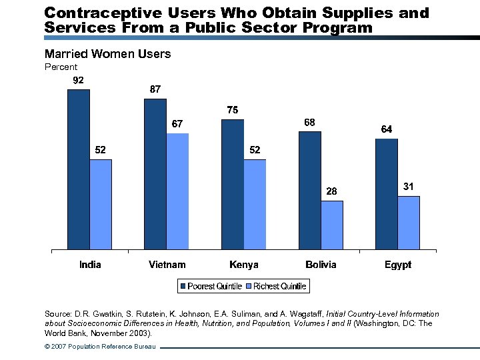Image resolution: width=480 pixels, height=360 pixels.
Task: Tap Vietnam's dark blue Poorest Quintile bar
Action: pyautogui.click(x=155, y=174)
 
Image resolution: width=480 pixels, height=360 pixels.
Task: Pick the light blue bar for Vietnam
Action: pyautogui.click(x=177, y=191)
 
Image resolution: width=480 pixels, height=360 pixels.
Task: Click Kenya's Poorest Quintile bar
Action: pyautogui.click(x=233, y=185)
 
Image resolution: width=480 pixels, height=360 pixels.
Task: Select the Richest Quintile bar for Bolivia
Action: pyautogui.click(x=332, y=225)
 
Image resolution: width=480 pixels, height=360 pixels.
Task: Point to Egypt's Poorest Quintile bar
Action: pyautogui.click(x=387, y=194)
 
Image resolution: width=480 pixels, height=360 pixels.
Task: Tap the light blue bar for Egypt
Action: pyautogui.click(x=409, y=223)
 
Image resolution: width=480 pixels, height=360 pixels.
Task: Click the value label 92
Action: pyautogui.click(x=78, y=81)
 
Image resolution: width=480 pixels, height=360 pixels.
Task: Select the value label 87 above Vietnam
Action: pyautogui.click(x=155, y=89)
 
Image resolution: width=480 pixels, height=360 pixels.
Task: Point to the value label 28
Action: pyautogui.click(x=332, y=191)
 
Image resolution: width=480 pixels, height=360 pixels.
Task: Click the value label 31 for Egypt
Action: pyautogui.click(x=409, y=187)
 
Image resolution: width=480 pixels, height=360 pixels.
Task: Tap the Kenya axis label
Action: pyautogui.click(x=244, y=265)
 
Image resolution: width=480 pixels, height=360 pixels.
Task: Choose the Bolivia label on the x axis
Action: pyautogui.click(x=321, y=265)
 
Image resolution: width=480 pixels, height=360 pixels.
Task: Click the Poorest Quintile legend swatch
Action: pyautogui.click(x=183, y=286)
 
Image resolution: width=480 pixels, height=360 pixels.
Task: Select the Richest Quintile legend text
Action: pyautogui.click(x=281, y=286)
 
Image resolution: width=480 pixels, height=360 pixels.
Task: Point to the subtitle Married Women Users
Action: pyautogui.click(x=107, y=54)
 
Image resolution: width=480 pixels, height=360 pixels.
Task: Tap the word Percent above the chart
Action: pyautogui.click(x=61, y=67)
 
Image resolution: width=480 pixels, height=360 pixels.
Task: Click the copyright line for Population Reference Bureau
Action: pyautogui.click(x=100, y=347)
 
